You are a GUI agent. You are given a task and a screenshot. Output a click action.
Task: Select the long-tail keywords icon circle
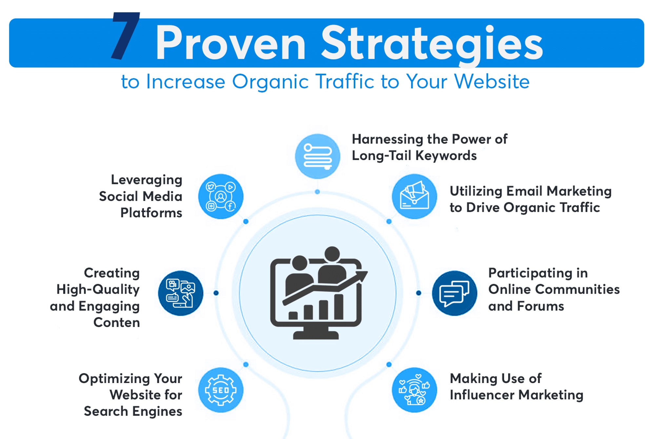(317, 156)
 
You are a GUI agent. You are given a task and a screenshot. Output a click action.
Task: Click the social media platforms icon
(221, 196)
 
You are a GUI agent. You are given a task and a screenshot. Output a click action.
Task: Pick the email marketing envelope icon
(414, 196)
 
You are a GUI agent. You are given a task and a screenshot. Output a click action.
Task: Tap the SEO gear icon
(221, 390)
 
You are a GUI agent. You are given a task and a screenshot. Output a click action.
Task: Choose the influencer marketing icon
(414, 390)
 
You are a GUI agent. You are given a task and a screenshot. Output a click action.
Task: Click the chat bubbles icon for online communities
(454, 293)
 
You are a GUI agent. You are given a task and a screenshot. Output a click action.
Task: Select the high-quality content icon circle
(181, 293)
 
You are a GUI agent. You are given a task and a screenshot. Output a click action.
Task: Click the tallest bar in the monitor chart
(339, 307)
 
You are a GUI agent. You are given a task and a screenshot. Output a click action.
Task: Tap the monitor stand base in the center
(316, 335)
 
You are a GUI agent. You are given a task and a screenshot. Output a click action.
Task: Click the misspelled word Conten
(117, 322)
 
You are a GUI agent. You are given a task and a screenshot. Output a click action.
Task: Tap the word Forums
(541, 306)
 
